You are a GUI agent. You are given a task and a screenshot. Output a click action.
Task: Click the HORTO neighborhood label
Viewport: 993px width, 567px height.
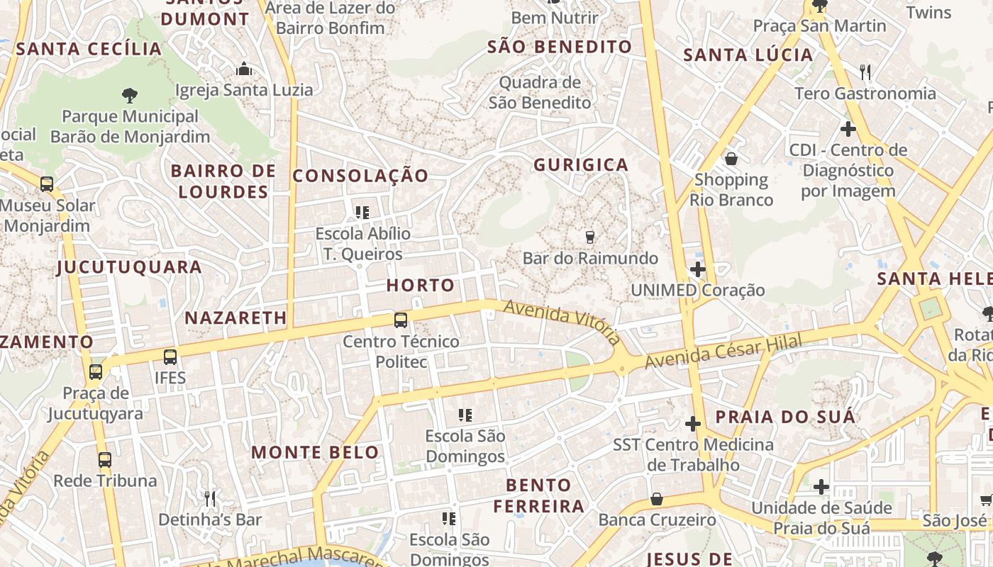421,286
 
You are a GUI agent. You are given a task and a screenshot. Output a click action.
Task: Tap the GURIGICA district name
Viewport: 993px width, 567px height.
581,165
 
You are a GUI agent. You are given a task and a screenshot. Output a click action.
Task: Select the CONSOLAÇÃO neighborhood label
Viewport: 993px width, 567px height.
360,176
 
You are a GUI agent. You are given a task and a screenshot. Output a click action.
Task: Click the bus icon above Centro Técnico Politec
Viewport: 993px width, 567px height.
401,320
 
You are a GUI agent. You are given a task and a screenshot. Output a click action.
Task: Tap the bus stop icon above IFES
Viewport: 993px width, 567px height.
170,357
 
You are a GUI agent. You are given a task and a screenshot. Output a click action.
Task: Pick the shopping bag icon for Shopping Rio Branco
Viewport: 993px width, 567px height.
731,159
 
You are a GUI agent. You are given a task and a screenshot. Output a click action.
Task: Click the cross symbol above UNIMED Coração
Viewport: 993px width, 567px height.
698,269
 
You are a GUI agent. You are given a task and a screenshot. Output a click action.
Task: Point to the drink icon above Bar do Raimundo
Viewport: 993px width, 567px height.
589,237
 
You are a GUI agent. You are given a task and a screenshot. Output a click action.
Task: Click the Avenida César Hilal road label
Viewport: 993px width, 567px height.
723,352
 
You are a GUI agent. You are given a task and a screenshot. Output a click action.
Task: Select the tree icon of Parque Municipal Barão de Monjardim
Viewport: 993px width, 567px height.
129,95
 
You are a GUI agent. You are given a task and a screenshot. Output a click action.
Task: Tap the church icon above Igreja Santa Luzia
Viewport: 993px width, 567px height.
244,69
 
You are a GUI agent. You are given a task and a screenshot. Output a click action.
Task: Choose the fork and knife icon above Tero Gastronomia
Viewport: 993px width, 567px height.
865,72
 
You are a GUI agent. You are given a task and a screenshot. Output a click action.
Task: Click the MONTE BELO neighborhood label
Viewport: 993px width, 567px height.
315,452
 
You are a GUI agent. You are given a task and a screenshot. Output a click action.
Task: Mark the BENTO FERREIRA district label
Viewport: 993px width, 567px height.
539,495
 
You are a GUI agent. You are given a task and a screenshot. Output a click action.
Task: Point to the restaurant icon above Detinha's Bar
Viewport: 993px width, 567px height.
209,498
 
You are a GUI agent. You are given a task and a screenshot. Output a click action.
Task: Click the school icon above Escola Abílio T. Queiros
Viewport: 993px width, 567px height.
362,212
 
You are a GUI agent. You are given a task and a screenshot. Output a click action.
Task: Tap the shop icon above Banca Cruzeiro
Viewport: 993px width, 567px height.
657,499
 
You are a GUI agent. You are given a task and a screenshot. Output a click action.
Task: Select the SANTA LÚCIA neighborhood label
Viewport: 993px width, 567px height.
748,55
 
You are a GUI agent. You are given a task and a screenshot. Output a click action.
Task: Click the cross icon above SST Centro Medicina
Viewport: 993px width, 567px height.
693,424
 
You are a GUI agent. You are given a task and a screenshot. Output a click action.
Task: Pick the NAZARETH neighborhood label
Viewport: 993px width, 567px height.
235,318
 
